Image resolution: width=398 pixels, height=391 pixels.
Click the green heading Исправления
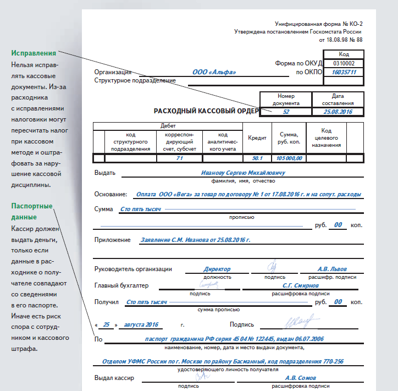pyautogui.click(x=34, y=54)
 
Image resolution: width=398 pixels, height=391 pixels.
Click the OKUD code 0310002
pyautogui.click(x=344, y=63)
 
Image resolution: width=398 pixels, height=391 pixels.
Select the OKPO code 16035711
pyautogui.click(x=344, y=72)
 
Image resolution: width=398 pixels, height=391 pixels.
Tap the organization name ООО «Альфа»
pyautogui.click(x=214, y=72)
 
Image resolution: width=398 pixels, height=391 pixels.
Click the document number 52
pyautogui.click(x=286, y=112)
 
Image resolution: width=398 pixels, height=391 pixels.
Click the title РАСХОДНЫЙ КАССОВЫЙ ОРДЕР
pyautogui.click(x=206, y=111)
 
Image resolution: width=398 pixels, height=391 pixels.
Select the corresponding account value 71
pyautogui.click(x=179, y=158)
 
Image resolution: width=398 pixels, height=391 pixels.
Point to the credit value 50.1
pyautogui.click(x=257, y=158)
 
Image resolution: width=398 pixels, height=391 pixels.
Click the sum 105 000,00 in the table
pyautogui.click(x=289, y=158)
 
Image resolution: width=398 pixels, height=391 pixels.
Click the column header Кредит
pyautogui.click(x=257, y=138)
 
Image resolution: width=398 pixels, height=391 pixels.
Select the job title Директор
pyautogui.click(x=217, y=269)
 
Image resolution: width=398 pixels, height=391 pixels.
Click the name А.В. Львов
pyautogui.click(x=333, y=269)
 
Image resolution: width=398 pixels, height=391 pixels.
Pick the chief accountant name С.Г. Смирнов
pyautogui.click(x=300, y=285)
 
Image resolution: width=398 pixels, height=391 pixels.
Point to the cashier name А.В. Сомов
pyautogui.click(x=300, y=378)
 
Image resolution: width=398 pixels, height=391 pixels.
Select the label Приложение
pyautogui.click(x=113, y=240)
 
